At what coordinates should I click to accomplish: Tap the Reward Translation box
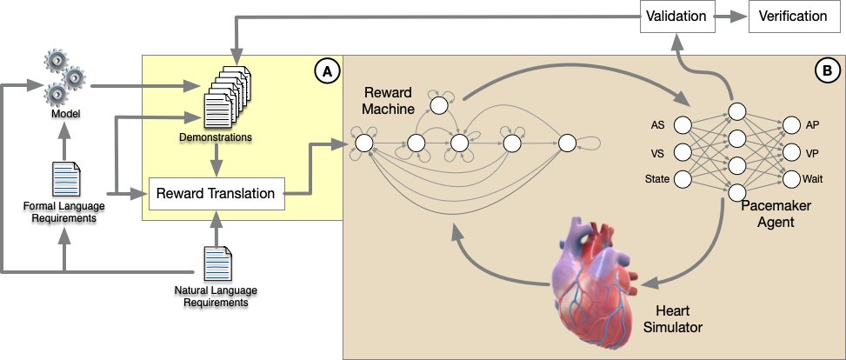click(217, 193)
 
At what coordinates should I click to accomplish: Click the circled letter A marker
click(327, 72)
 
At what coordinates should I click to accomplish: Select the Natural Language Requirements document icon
click(216, 264)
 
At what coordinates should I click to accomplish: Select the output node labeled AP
click(789, 125)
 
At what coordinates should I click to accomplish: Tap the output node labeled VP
click(789, 152)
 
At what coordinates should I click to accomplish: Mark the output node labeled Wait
click(789, 179)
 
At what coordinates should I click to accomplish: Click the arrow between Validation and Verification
click(729, 17)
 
